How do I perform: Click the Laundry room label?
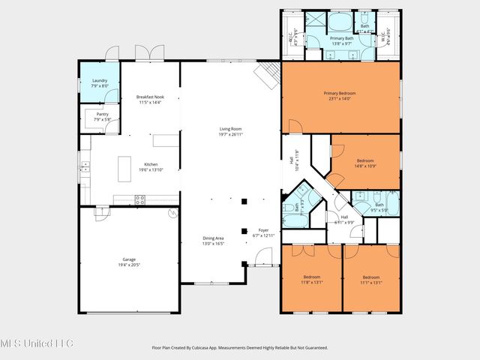click(x=100, y=83)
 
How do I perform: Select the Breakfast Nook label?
click(x=149, y=99)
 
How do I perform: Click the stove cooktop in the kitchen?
click(x=139, y=199)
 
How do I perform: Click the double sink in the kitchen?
click(x=85, y=169)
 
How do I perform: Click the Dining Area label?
click(x=214, y=241)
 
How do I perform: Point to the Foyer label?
click(x=263, y=232)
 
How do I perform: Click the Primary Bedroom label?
click(x=340, y=95)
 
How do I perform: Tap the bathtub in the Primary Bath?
click(x=340, y=20)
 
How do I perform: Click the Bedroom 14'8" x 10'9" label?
click(x=365, y=163)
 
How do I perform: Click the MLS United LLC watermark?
click(x=37, y=343)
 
